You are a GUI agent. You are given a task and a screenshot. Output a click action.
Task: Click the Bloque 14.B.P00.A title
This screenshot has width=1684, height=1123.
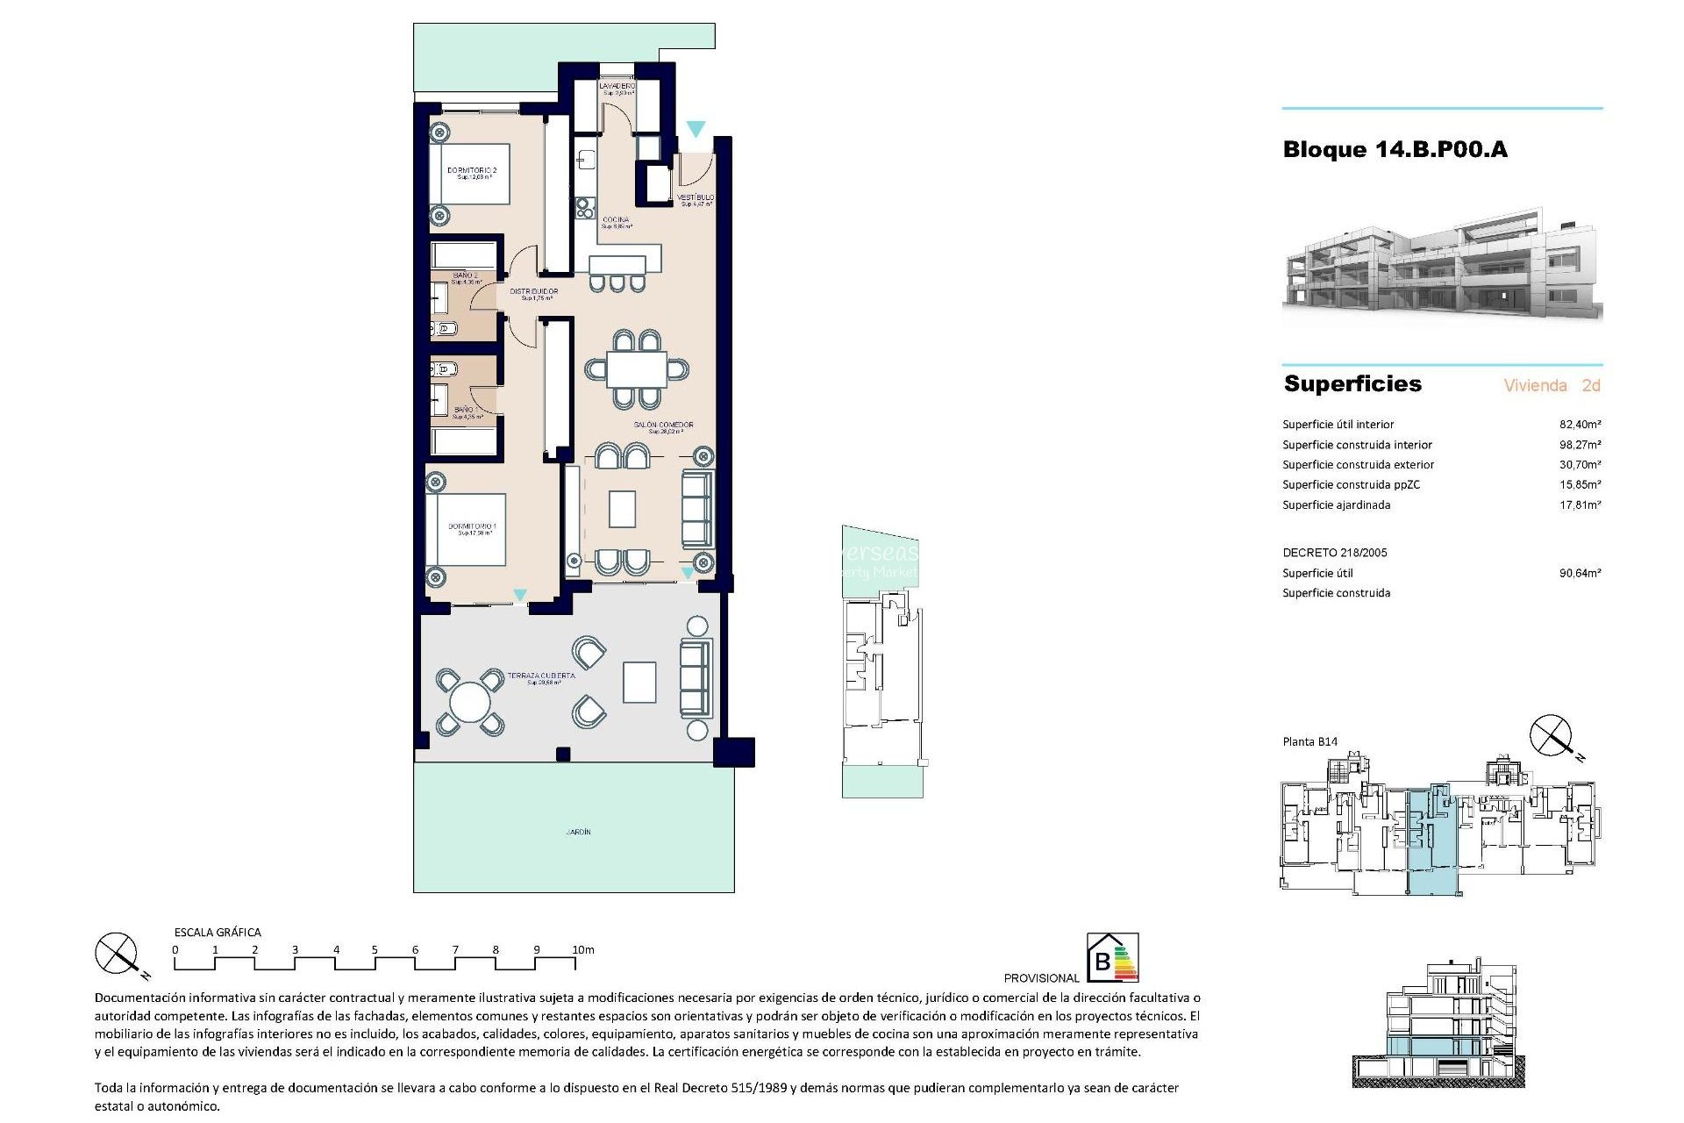(1395, 150)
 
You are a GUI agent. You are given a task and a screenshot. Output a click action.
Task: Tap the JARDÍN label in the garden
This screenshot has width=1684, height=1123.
(578, 832)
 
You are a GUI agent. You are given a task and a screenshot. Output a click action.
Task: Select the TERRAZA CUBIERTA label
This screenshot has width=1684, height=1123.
(541, 676)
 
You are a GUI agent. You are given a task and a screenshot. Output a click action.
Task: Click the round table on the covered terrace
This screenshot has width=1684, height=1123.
(470, 702)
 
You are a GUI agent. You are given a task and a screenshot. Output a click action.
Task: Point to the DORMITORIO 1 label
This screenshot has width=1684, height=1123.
(472, 527)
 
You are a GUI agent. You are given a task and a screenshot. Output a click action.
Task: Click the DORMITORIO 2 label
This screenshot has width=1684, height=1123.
(472, 171)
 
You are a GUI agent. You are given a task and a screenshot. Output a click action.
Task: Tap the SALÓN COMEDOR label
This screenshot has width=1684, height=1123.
(664, 426)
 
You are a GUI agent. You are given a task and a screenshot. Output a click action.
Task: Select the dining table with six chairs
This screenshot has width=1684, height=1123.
(637, 369)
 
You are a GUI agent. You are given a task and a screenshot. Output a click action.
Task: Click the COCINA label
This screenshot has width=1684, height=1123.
(616, 220)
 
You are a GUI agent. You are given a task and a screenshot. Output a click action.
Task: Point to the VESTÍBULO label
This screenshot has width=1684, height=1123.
(696, 198)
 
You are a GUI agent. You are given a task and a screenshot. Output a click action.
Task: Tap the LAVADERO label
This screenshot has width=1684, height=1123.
(617, 87)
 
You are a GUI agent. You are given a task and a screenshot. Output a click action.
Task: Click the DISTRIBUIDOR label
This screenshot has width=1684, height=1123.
(534, 292)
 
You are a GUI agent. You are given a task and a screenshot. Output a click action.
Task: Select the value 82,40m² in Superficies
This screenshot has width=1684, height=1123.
(1580, 425)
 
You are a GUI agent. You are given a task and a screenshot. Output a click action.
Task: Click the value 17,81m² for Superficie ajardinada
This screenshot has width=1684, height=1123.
(1580, 505)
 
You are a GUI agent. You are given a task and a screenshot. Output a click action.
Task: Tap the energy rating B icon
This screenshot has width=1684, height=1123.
(1112, 957)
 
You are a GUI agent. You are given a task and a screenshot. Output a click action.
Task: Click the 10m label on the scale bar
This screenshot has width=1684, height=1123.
(583, 950)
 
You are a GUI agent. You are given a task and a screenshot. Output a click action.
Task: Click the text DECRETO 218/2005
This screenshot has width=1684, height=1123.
(1335, 553)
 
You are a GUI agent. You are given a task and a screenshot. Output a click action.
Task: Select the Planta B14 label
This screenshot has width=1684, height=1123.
(1309, 742)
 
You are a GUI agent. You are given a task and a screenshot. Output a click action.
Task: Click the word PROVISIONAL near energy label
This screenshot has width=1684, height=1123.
(1041, 978)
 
